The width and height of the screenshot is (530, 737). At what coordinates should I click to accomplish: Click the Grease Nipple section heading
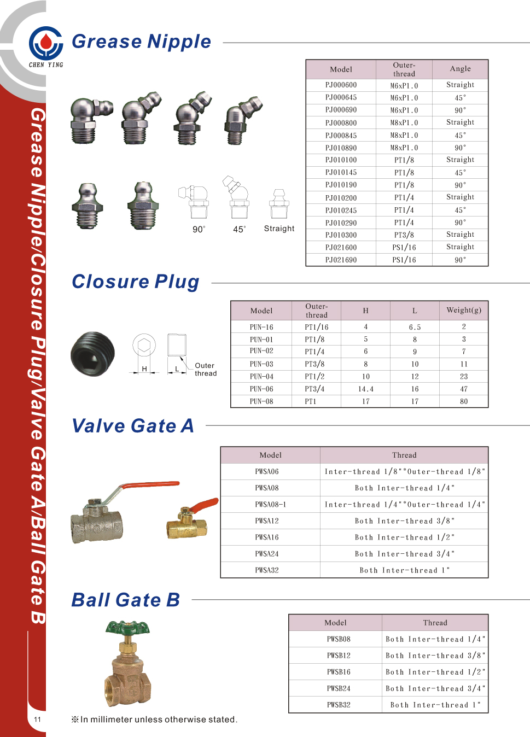(x=141, y=42)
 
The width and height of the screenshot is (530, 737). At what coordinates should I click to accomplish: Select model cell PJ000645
(x=341, y=97)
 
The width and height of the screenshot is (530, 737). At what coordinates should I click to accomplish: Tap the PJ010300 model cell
(x=341, y=235)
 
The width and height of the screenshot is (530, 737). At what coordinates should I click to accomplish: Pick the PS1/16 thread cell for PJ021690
(x=404, y=260)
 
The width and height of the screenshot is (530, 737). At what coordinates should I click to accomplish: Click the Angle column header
(x=460, y=69)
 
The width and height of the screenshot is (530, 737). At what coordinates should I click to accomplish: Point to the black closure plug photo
(x=93, y=354)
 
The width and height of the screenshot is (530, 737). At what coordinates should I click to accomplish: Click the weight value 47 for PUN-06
(x=464, y=389)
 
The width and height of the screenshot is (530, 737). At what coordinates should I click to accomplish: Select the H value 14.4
(x=365, y=389)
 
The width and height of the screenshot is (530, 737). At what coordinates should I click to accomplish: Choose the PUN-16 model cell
(x=261, y=327)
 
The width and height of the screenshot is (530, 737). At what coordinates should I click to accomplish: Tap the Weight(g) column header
(x=464, y=311)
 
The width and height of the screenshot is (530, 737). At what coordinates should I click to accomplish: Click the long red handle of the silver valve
(x=150, y=485)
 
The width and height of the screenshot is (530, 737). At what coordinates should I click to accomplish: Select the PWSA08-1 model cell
(x=270, y=505)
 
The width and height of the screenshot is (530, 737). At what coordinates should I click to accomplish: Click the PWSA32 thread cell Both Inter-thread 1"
(x=404, y=570)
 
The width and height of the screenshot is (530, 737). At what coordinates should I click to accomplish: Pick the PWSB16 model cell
(x=339, y=672)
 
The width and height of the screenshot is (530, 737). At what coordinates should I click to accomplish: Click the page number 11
(x=37, y=720)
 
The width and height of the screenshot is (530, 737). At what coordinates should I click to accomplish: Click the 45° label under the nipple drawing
(x=240, y=230)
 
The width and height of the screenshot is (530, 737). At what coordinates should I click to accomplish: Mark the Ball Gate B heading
(x=126, y=600)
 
